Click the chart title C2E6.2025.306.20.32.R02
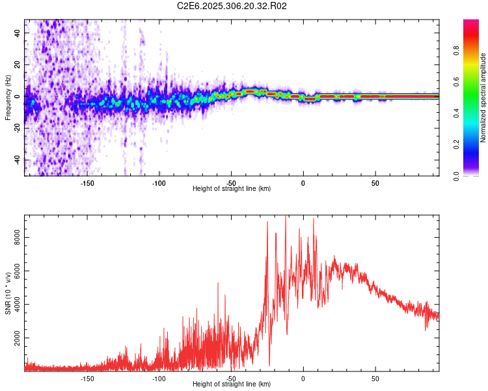click(x=232, y=7)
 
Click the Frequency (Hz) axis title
click(x=8, y=98)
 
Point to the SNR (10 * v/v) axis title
click(x=8, y=293)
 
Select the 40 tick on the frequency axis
click(x=18, y=33)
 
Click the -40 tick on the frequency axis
click(x=18, y=160)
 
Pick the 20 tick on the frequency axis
click(x=18, y=65)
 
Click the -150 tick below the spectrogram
click(x=87, y=183)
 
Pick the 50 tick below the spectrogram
click(x=375, y=183)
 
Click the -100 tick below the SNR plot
click(x=159, y=379)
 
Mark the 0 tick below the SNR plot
click(x=303, y=379)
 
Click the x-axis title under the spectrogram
click(x=232, y=189)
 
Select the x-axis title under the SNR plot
click(x=232, y=384)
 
